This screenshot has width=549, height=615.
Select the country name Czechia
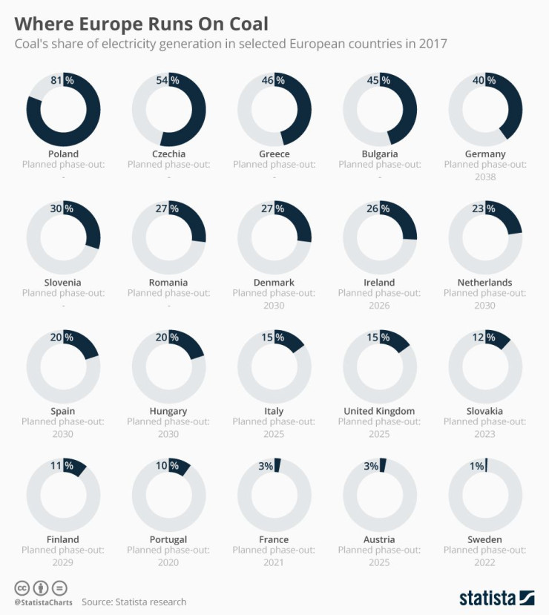168,154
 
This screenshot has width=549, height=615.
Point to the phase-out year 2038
485,177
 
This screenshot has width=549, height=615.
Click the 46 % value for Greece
274,79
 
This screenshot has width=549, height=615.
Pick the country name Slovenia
63,282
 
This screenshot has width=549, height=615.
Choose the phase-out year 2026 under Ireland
380,305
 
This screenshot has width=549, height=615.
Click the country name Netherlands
485,282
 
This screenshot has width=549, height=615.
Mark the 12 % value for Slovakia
484,337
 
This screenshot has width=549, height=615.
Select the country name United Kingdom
379,411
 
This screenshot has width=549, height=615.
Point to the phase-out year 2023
485,433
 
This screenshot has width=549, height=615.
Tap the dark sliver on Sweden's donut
487,464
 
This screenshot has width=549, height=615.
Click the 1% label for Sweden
476,466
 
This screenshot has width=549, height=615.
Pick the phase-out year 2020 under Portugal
168,562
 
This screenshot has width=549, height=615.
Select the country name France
274,539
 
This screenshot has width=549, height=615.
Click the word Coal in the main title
247,24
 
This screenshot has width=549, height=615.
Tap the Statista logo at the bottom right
496,597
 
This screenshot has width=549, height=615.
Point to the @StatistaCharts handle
43,602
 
